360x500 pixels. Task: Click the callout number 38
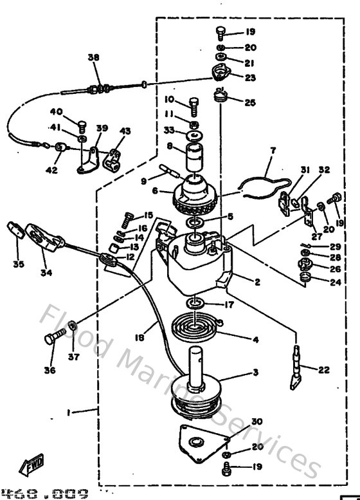pyautogui.click(x=94, y=57)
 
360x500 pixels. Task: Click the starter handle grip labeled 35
pyautogui.click(x=14, y=230)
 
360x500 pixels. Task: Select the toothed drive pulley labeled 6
pyautogui.click(x=195, y=192)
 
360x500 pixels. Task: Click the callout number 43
pyautogui.click(x=125, y=131)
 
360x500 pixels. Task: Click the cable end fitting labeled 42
pyautogui.click(x=60, y=148)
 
